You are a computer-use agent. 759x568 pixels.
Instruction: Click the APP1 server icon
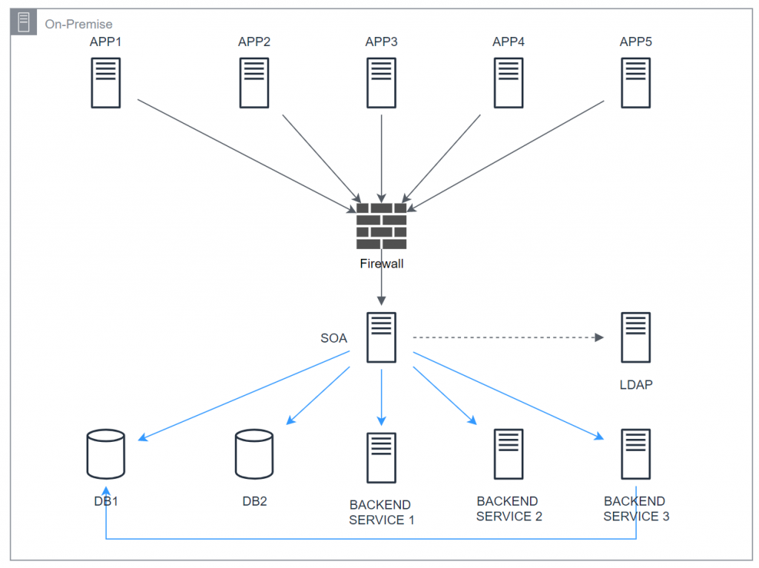click(106, 82)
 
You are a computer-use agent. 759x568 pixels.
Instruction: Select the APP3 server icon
click(381, 82)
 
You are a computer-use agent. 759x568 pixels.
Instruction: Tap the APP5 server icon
click(635, 82)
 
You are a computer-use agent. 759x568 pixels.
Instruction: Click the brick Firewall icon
click(381, 226)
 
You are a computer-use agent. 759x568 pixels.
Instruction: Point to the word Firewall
click(381, 263)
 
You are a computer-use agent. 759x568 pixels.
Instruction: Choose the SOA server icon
click(381, 337)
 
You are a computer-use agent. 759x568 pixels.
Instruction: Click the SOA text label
click(334, 338)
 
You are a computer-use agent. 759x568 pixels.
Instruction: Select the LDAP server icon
click(635, 337)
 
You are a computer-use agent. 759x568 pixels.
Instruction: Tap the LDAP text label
click(635, 386)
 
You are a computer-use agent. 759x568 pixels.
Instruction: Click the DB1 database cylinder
click(106, 453)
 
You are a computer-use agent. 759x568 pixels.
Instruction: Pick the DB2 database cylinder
click(254, 455)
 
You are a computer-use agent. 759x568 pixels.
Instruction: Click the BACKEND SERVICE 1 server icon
click(381, 458)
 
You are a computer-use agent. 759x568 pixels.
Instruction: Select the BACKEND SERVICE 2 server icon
click(508, 454)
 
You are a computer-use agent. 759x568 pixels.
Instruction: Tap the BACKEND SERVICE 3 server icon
click(635, 454)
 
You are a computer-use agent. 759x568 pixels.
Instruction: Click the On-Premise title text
click(79, 24)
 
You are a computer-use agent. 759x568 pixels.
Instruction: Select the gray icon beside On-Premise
click(24, 23)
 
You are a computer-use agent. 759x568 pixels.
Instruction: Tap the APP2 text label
click(254, 42)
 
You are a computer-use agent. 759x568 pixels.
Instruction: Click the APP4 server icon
click(508, 82)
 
